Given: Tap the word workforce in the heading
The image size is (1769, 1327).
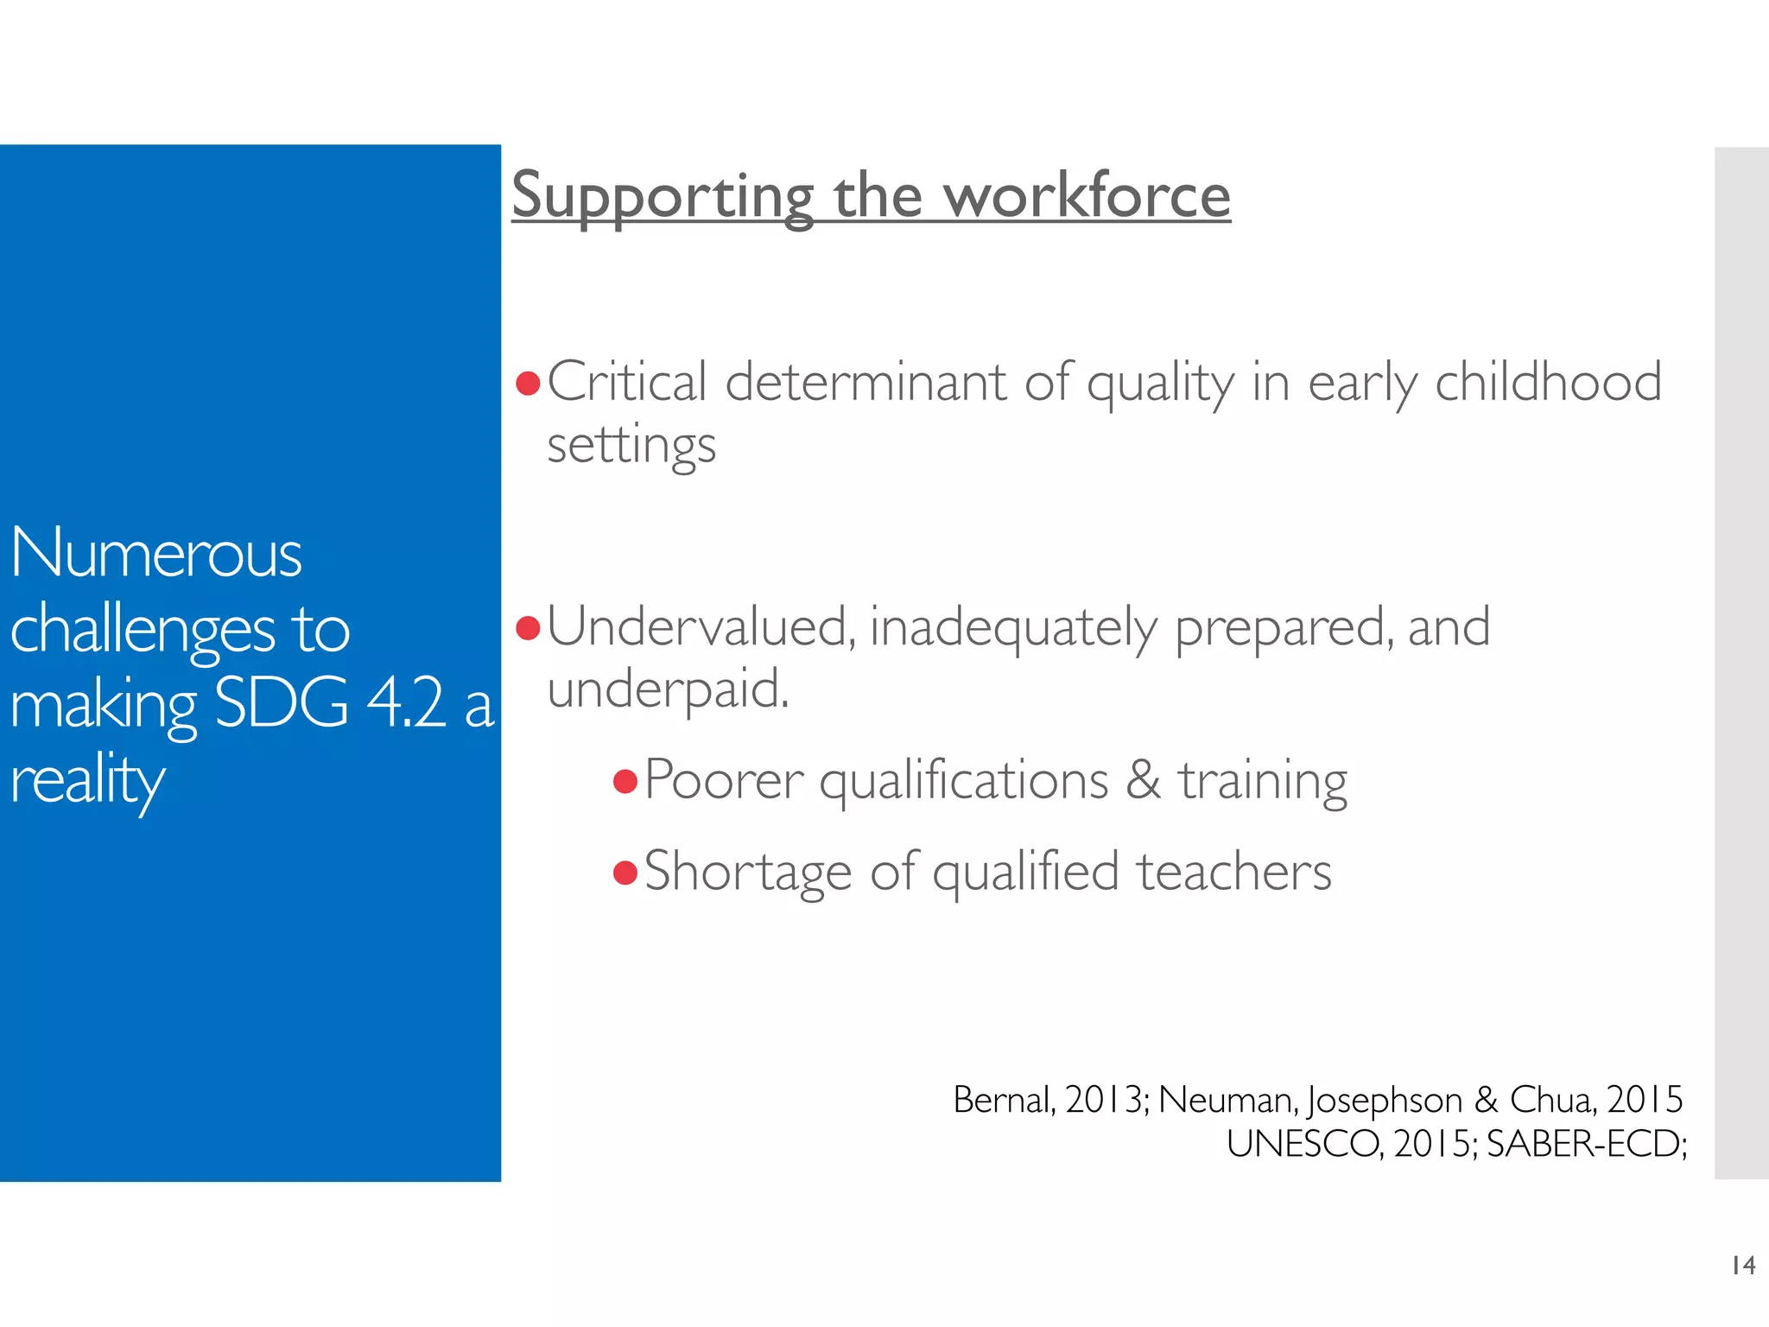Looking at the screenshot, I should pyautogui.click(x=1087, y=195).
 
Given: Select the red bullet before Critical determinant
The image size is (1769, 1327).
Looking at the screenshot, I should pyautogui.click(x=527, y=383).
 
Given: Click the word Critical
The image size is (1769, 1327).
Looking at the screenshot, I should pyautogui.click(x=627, y=382).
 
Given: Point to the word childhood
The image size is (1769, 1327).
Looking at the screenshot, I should pyautogui.click(x=1548, y=382).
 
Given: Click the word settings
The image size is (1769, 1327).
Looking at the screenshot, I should pyautogui.click(x=631, y=447).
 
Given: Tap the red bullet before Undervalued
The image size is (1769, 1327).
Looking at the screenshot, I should pyautogui.click(x=527, y=628).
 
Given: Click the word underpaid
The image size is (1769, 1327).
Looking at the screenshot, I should pyautogui.click(x=667, y=689).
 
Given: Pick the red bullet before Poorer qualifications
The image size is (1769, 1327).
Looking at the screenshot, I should pyautogui.click(x=625, y=782).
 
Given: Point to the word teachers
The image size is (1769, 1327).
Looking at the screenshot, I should pyautogui.click(x=1234, y=872).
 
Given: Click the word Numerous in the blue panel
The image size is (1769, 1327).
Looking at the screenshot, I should pyautogui.click(x=156, y=554).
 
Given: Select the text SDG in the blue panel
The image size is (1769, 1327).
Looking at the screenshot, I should pyautogui.click(x=282, y=703).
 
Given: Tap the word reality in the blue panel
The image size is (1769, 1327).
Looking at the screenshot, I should pyautogui.click(x=87, y=780).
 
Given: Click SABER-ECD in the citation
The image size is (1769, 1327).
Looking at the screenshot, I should pyautogui.click(x=1584, y=1145).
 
